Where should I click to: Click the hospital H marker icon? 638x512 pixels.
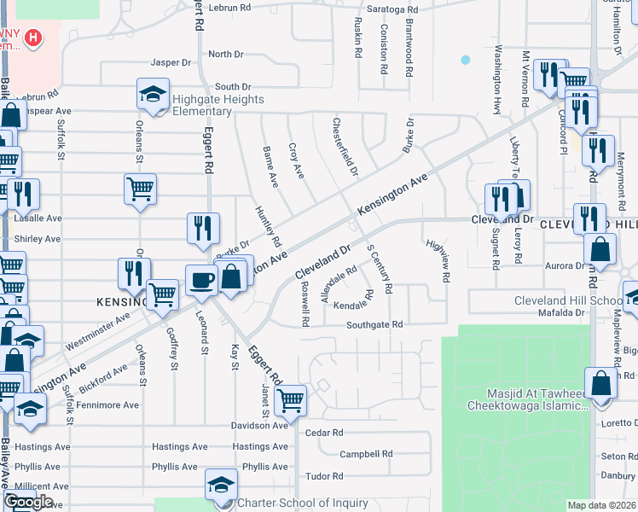[x=32, y=38]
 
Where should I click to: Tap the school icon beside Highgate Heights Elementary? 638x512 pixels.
[x=153, y=94]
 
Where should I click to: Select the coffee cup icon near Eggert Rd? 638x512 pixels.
[x=202, y=280]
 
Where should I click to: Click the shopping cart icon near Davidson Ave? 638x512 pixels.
[x=291, y=398]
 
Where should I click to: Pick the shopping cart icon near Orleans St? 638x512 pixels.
[x=140, y=189]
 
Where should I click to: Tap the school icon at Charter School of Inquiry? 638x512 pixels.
[x=221, y=485]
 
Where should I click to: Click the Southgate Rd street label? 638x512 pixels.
[x=374, y=325]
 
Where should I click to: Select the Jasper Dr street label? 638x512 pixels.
[x=171, y=62]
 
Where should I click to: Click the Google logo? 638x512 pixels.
[x=28, y=502]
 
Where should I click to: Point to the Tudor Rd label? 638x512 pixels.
[x=324, y=476]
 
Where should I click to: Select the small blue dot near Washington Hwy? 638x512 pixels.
[x=465, y=60]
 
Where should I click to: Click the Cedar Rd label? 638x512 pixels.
[x=323, y=433]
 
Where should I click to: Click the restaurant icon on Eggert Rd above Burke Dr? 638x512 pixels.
[x=203, y=228]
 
